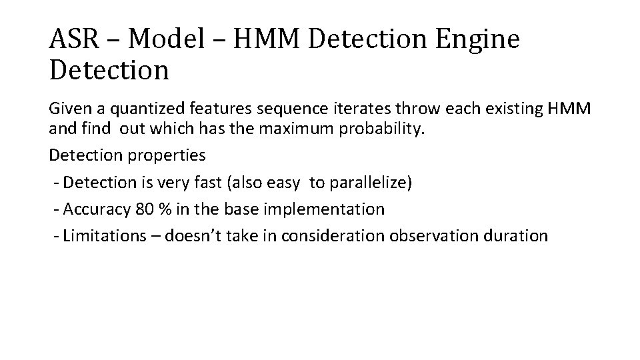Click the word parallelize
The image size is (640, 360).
371,183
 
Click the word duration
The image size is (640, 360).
517,235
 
